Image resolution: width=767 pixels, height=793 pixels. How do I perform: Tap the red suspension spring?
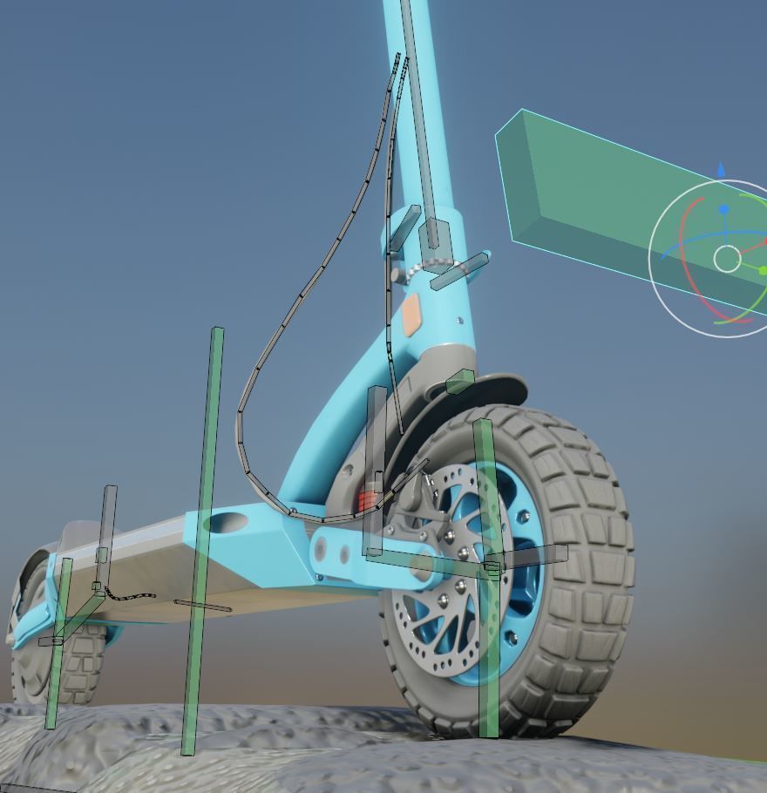pyautogui.click(x=370, y=500)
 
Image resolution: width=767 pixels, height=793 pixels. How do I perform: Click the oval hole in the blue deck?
pyautogui.click(x=227, y=524)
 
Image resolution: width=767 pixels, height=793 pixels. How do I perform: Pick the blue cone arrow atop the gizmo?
pyautogui.click(x=721, y=169)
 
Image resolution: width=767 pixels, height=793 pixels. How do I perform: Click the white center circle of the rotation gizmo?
pyautogui.click(x=727, y=259)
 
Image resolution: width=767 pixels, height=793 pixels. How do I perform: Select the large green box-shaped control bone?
pyautogui.click(x=593, y=200)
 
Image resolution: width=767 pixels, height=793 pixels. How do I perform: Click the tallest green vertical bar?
pyautogui.click(x=204, y=540)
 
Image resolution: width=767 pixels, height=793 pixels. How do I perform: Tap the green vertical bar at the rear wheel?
pyautogui.click(x=58, y=645)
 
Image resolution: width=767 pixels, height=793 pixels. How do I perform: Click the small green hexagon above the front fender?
pyautogui.click(x=459, y=381)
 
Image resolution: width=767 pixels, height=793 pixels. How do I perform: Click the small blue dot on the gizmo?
pyautogui.click(x=723, y=210)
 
